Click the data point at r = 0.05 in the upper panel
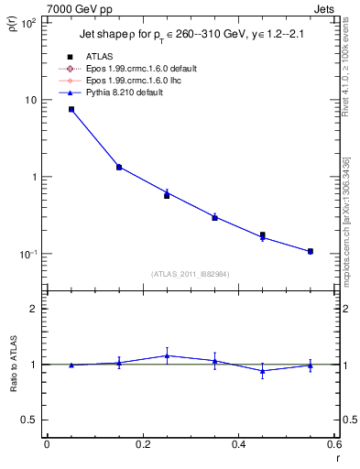click(x=71, y=109)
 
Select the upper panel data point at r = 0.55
click(x=311, y=251)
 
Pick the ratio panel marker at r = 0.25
click(x=167, y=355)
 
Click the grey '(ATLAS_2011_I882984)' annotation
click(x=190, y=273)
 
